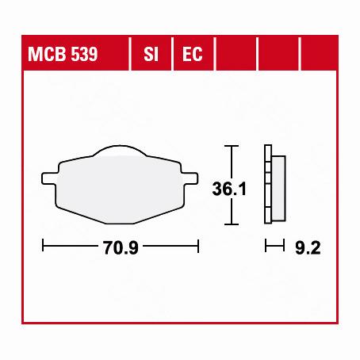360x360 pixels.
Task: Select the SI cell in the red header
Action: (x=150, y=55)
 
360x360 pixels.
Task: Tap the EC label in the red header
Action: (x=191, y=55)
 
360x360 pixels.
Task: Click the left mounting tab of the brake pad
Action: (x=50, y=172)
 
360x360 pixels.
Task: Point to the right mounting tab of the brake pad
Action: (x=190, y=172)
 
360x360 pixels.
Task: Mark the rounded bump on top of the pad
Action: (x=119, y=151)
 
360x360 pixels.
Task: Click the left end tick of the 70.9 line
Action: (x=43, y=247)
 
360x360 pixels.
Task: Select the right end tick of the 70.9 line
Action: (x=197, y=247)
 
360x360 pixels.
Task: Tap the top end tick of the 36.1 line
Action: (x=230, y=146)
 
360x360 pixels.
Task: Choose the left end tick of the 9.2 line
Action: (x=265, y=247)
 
